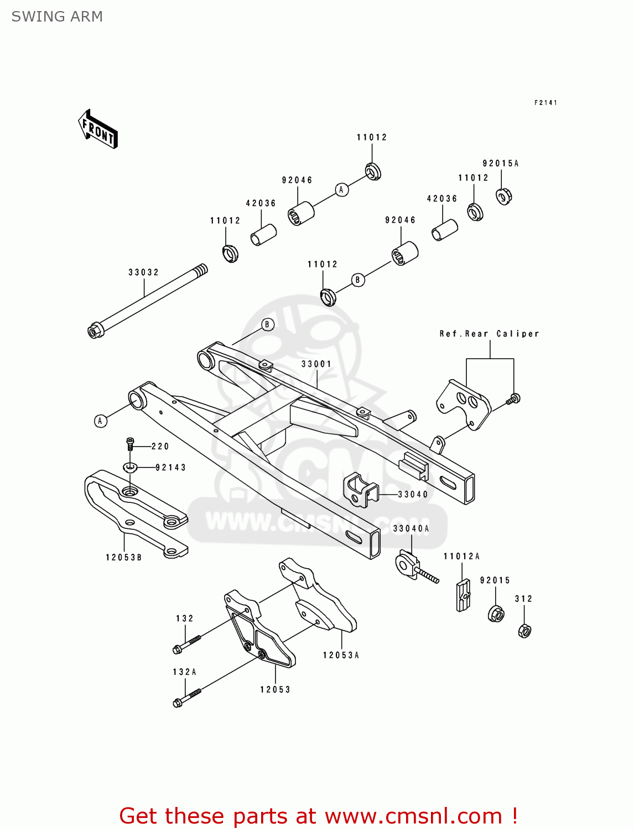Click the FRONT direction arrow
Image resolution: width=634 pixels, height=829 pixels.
pyautogui.click(x=98, y=129)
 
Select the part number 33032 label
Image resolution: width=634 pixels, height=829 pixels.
pyautogui.click(x=143, y=272)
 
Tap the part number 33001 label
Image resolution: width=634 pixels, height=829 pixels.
pyautogui.click(x=316, y=364)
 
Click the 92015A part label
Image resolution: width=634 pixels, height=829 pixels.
pyautogui.click(x=501, y=164)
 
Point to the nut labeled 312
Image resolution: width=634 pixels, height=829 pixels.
pyautogui.click(x=524, y=630)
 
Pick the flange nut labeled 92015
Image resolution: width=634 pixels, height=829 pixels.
pyautogui.click(x=496, y=613)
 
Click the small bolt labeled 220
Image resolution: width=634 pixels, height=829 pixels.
pyautogui.click(x=130, y=443)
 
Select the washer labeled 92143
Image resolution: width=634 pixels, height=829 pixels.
pyautogui.click(x=130, y=468)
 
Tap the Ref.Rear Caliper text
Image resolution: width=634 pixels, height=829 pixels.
pyautogui.click(x=489, y=334)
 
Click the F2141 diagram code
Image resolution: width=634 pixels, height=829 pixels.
pyautogui.click(x=545, y=103)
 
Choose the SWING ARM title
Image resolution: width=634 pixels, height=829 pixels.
pyautogui.click(x=57, y=17)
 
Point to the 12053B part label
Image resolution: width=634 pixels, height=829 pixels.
pyautogui.click(x=124, y=558)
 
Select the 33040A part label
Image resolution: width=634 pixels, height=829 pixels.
pyautogui.click(x=411, y=529)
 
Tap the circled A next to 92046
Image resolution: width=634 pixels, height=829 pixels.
pyautogui.click(x=341, y=190)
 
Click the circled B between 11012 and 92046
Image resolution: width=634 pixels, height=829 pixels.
pyautogui.click(x=357, y=280)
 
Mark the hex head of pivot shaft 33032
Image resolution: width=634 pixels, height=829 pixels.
pyautogui.click(x=95, y=331)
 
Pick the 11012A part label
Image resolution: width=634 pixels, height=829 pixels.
pyautogui.click(x=461, y=557)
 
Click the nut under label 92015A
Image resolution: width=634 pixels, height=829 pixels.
pyautogui.click(x=503, y=196)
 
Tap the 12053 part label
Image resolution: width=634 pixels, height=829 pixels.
pyautogui.click(x=275, y=690)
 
